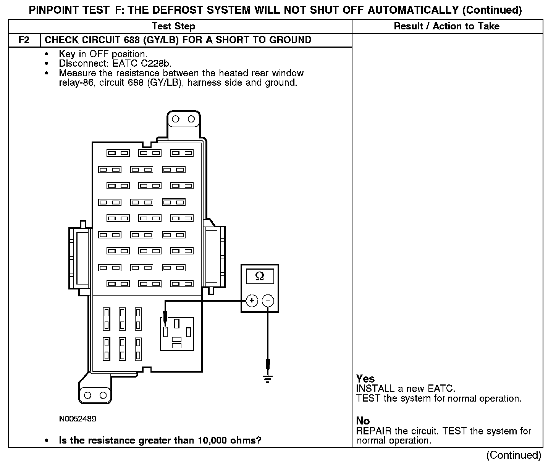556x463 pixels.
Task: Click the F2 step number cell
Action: tap(24, 40)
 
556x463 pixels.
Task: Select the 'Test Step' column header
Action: tap(173, 26)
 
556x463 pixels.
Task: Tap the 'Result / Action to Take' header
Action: tap(446, 26)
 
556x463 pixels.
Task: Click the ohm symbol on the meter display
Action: tap(259, 276)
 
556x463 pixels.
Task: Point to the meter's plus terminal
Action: tap(251, 301)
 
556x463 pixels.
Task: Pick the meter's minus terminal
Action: tap(268, 301)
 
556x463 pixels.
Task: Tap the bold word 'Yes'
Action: tap(365, 379)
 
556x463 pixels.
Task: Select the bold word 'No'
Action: tap(363, 421)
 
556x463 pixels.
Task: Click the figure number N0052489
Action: tap(78, 419)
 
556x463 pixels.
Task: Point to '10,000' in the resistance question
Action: tap(212, 440)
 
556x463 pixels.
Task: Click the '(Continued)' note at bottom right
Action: tap(514, 455)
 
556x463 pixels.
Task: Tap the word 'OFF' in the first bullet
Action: tap(99, 54)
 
